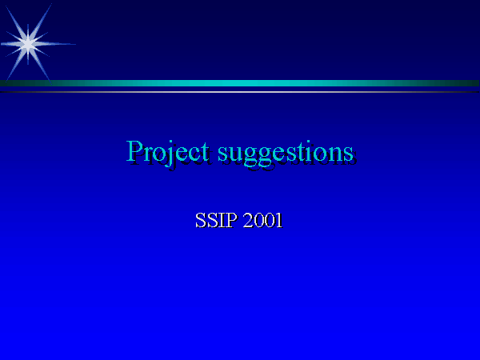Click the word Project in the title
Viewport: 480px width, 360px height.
click(167, 151)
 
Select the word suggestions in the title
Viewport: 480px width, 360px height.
click(286, 153)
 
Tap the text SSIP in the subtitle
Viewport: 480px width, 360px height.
click(216, 220)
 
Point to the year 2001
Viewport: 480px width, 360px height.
click(262, 220)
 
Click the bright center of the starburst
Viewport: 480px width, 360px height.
click(28, 44)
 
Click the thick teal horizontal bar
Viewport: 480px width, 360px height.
click(240, 83)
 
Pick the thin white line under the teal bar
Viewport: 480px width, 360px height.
click(240, 92)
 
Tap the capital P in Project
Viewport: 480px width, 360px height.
click(134, 150)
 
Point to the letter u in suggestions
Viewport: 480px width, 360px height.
click(236, 154)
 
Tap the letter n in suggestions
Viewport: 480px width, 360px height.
click(335, 154)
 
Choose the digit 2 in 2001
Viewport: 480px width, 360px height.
click(248, 220)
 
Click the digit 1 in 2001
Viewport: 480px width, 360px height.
click(278, 220)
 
